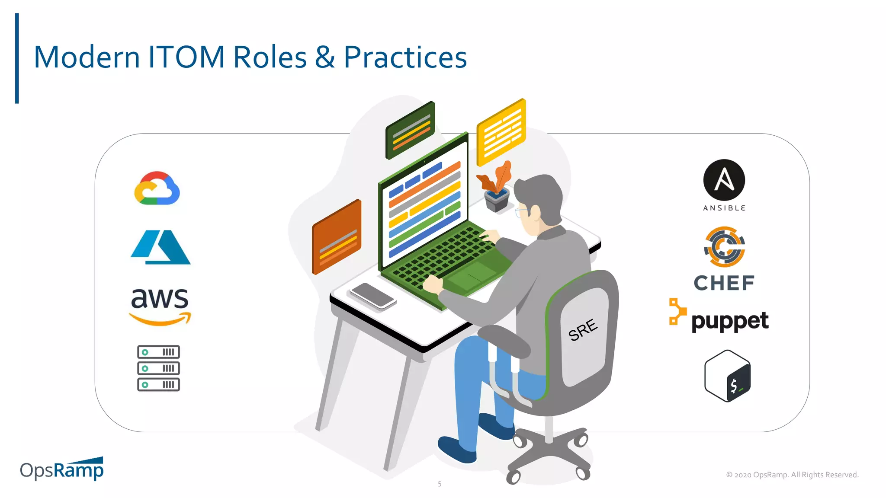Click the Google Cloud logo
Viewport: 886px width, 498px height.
[157, 188]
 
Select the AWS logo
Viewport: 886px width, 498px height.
[160, 305]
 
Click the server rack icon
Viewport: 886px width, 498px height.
[158, 368]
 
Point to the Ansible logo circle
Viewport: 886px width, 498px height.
[724, 180]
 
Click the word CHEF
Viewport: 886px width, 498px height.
[724, 283]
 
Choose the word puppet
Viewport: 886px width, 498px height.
[730, 321]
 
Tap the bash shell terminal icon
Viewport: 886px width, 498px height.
[728, 376]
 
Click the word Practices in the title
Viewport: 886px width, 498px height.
[405, 57]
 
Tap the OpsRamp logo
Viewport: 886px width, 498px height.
[62, 469]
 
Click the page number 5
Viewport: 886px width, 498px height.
[440, 484]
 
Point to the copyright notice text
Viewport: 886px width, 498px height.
[792, 475]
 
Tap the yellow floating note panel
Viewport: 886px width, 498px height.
[501, 132]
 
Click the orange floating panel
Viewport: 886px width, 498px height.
[337, 237]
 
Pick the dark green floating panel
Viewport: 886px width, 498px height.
[410, 130]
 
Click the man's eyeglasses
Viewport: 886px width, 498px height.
[521, 212]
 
